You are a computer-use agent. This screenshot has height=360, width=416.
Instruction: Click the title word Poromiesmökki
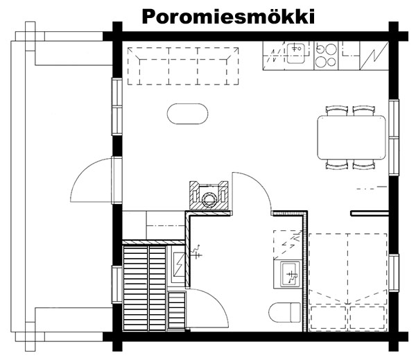228,17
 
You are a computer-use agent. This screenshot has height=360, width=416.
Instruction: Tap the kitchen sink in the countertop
295,53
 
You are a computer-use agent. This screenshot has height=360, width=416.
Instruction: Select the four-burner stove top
326,55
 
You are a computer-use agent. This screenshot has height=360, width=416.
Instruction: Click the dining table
352,137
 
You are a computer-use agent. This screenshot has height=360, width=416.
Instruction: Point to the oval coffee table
188,114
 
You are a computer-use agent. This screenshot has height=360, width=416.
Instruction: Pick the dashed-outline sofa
183,66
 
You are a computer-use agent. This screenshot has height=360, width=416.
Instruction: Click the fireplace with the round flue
209,195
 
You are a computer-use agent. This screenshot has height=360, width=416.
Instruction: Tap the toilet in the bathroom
285,312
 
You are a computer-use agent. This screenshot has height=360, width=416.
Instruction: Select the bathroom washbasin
291,274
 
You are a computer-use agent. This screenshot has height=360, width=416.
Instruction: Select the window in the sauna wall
116,284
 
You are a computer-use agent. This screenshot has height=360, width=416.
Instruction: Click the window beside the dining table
394,137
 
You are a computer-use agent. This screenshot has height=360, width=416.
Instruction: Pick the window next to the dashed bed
394,273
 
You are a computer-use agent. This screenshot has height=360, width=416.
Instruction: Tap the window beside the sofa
116,106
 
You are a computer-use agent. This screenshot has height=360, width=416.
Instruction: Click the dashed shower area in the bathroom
288,245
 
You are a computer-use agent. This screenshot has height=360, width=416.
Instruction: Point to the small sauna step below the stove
177,310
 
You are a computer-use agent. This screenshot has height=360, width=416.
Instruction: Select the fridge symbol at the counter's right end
374,55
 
